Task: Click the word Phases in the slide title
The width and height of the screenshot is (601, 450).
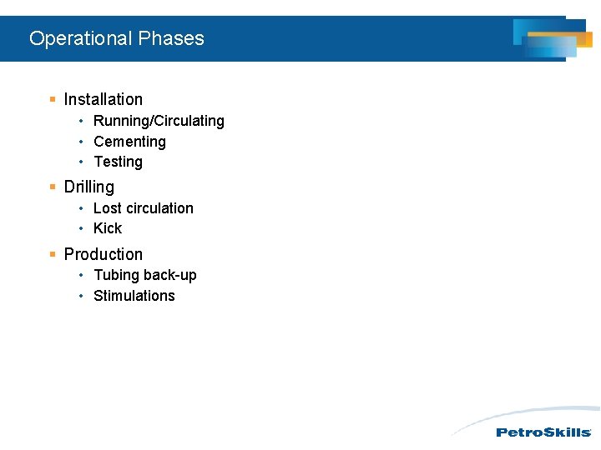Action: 171,38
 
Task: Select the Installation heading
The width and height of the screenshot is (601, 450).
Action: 103,99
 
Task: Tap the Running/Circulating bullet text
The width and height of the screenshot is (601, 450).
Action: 159,121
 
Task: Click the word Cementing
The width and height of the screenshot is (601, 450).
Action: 129,142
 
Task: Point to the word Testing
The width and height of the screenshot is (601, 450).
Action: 118,162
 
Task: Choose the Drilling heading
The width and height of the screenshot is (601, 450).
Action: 88,187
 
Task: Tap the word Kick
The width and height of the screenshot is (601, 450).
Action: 108,228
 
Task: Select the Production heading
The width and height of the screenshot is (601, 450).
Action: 103,254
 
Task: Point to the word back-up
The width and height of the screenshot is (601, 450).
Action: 170,275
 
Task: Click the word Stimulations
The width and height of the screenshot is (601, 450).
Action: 134,296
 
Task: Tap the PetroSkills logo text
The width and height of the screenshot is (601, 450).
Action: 543,432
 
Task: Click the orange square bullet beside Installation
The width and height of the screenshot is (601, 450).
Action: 53,99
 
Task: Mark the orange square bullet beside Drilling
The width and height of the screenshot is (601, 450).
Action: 53,187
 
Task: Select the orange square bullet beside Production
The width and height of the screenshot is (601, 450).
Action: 53,254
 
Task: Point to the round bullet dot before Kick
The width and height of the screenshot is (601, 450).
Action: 82,228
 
